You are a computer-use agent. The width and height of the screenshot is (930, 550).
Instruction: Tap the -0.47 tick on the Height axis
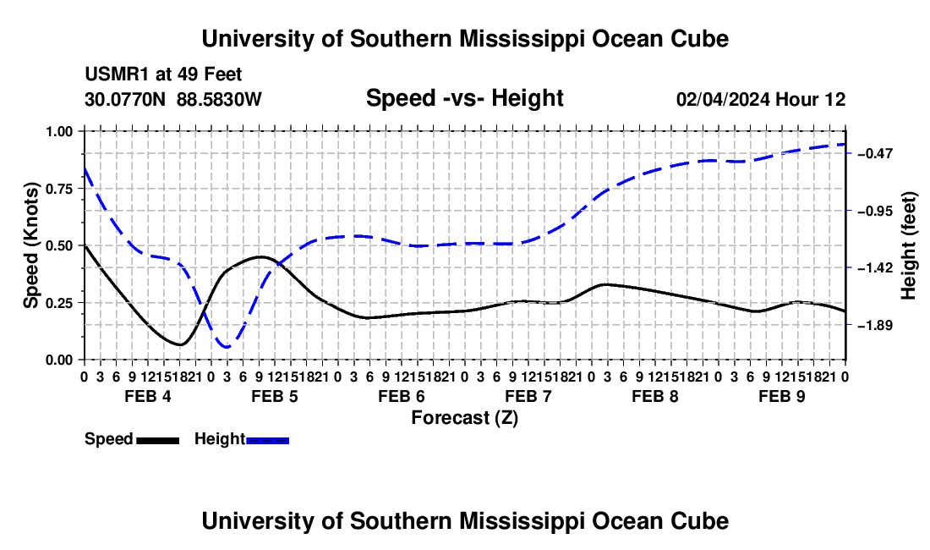(x=850, y=154)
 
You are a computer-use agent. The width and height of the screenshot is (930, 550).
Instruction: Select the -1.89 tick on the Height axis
(x=850, y=325)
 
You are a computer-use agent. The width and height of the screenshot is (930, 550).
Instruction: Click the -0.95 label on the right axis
(x=875, y=212)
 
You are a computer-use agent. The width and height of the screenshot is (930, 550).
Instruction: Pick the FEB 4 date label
(x=148, y=396)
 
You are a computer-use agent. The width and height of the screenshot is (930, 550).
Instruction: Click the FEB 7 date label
(x=528, y=396)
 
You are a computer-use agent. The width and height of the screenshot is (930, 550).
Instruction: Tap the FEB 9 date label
(x=782, y=396)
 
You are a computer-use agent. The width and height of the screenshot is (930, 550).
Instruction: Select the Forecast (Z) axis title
(x=465, y=418)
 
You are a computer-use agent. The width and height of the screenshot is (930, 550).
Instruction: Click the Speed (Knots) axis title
(x=30, y=245)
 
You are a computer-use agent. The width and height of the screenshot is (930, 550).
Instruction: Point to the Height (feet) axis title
(x=909, y=245)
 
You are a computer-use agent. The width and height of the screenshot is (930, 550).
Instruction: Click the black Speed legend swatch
(x=158, y=441)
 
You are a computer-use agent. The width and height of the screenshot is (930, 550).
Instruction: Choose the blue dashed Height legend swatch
(x=267, y=441)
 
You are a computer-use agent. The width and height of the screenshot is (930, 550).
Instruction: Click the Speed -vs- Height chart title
(x=465, y=98)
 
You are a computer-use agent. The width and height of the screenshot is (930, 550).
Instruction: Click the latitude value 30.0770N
(x=125, y=99)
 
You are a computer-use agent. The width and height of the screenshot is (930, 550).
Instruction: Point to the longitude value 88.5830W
(x=219, y=99)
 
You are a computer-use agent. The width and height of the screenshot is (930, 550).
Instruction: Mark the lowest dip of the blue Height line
(x=227, y=347)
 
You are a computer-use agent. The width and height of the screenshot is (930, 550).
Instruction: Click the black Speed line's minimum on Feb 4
(x=180, y=344)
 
